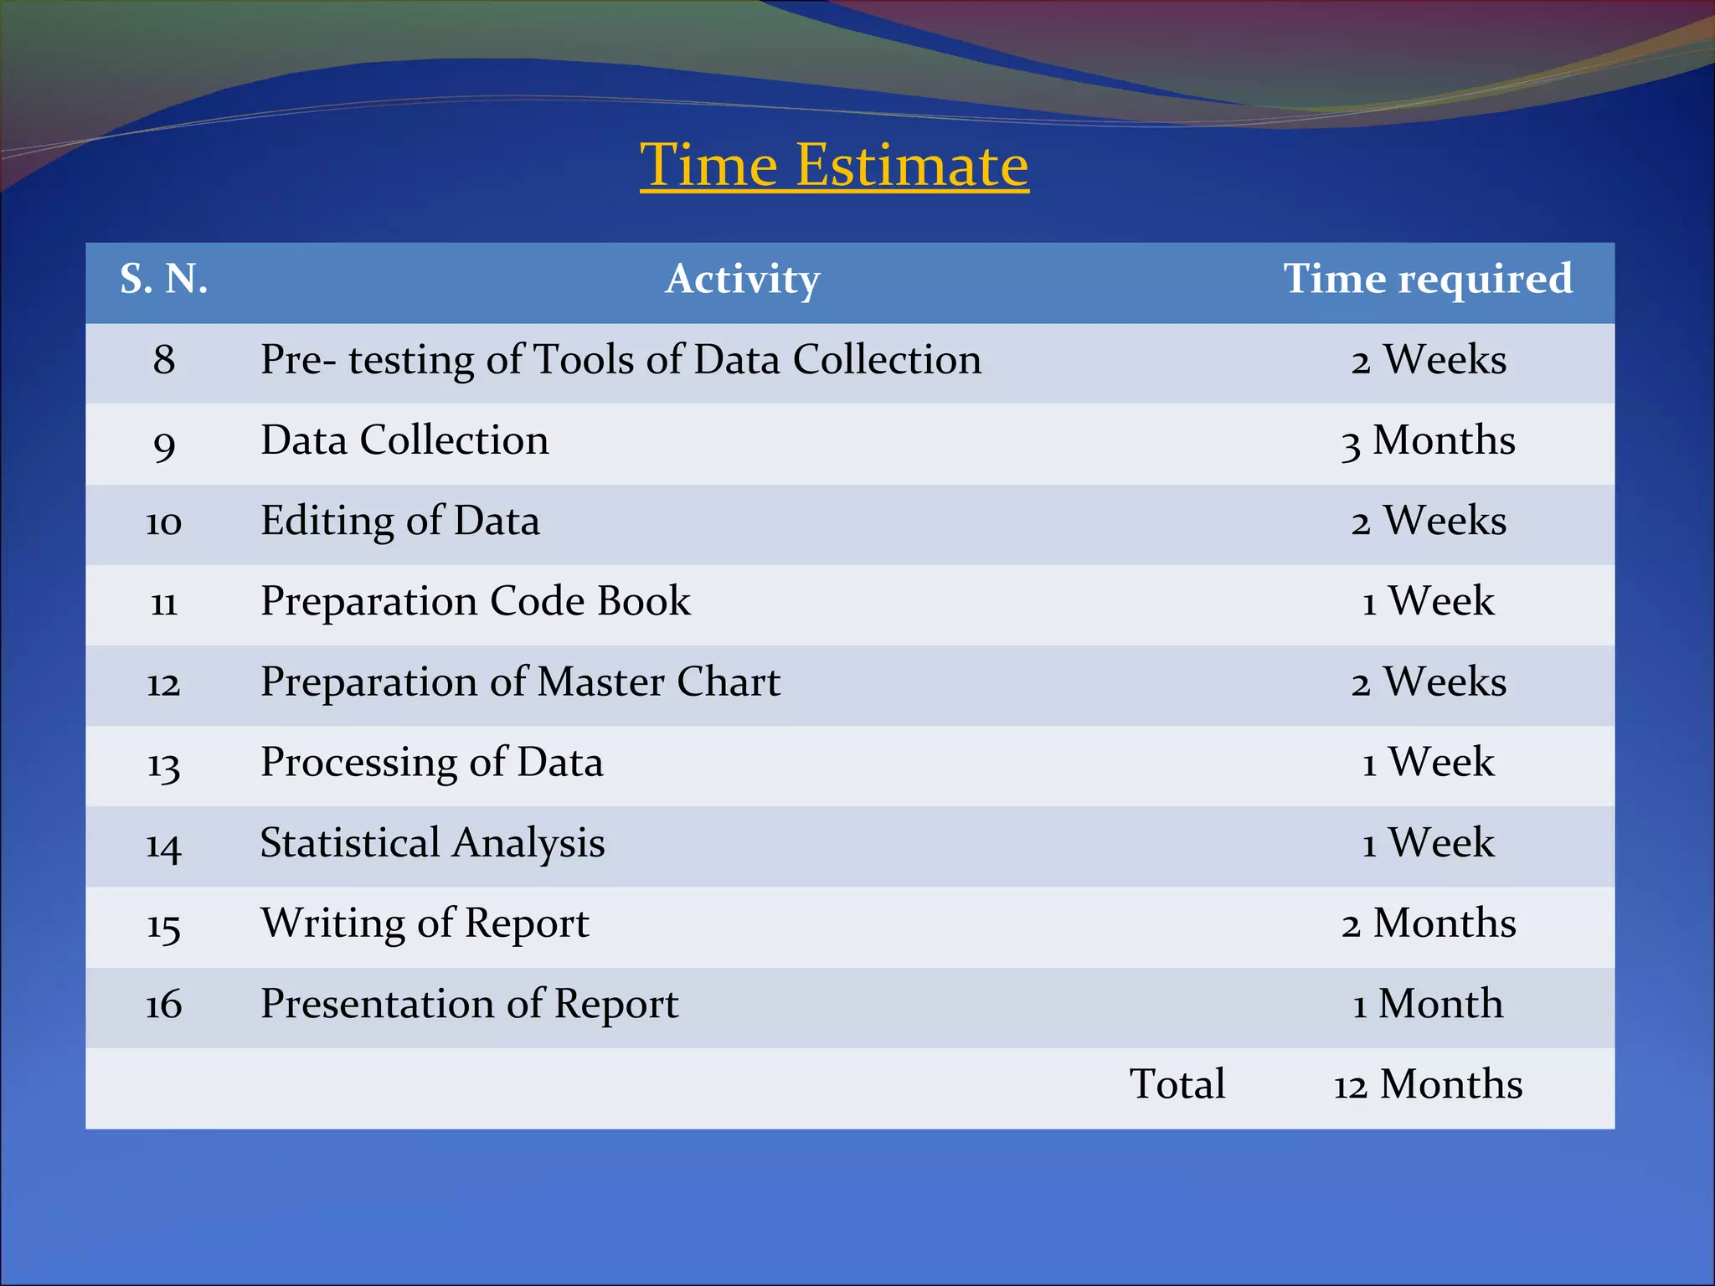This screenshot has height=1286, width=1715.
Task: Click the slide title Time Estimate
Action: (x=834, y=165)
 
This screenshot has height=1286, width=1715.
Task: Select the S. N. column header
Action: (x=164, y=279)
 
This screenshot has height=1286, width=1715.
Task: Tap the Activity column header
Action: (x=743, y=279)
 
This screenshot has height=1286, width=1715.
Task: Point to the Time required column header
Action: (x=1428, y=279)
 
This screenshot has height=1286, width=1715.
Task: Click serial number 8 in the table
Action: (x=164, y=360)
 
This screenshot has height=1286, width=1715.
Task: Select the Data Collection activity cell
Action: (x=405, y=440)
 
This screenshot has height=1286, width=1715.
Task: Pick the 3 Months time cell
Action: (x=1428, y=440)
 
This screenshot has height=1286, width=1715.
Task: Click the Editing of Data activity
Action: (x=400, y=521)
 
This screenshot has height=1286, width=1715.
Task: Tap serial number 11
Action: (x=164, y=602)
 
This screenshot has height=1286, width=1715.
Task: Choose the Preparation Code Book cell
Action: (x=476, y=601)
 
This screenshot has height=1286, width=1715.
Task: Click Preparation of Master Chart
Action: (x=520, y=682)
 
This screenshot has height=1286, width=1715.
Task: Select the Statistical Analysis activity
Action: (x=432, y=842)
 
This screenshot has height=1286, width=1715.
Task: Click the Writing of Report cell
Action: (x=425, y=923)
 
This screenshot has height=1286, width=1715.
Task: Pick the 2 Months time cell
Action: (x=1428, y=923)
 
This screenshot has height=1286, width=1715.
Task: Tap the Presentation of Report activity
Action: (x=469, y=1004)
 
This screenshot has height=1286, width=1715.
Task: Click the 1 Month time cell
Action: (x=1428, y=1004)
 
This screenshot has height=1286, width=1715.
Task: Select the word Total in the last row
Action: (x=1177, y=1084)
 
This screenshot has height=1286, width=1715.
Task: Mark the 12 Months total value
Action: (x=1428, y=1084)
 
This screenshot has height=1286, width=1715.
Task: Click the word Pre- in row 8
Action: (x=299, y=360)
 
